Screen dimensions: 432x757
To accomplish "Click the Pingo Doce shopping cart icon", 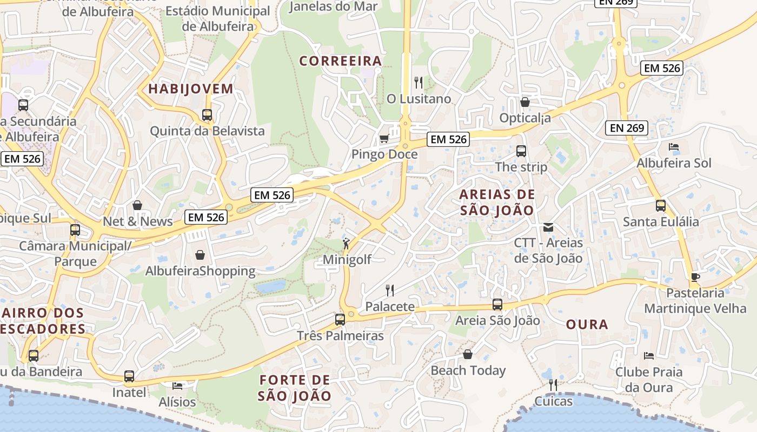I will point(384,139).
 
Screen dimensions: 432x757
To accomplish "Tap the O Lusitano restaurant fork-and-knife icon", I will point(418,83).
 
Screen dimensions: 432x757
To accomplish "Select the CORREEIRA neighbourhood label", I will point(341,61).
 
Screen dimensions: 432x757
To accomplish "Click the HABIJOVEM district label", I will point(190,89).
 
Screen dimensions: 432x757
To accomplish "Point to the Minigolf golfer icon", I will point(346,244).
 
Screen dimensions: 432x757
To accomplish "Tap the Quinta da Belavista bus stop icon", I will point(207,114).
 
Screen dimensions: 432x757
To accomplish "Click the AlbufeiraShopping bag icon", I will point(200,255).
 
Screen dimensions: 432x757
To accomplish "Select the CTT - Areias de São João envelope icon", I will point(548,227).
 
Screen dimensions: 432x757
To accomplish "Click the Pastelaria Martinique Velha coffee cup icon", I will point(695,277).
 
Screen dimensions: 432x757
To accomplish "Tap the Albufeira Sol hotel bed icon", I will point(674,147).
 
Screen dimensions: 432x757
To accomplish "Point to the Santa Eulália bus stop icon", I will point(660,205).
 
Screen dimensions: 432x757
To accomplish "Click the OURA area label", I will point(587,325).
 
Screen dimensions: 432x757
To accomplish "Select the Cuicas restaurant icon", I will point(553,385).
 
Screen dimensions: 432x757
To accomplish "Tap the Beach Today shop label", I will point(468,370).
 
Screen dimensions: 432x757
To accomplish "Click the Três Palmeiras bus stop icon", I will point(340,319).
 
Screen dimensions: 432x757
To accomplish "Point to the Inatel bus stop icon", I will point(129,376).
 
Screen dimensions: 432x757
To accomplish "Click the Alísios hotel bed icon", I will point(177,386).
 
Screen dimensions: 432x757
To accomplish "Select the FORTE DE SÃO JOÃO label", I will point(294,388).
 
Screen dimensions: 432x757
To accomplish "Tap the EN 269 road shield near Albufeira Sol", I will point(627,128).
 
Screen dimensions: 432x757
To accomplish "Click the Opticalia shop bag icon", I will point(524,102).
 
